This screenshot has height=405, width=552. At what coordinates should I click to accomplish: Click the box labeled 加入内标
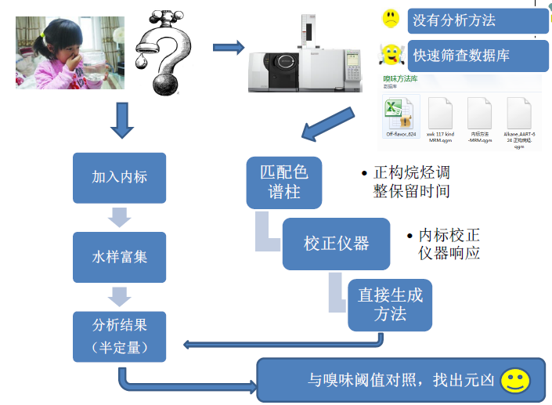point(119,176)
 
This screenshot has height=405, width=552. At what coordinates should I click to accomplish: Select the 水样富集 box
point(119,256)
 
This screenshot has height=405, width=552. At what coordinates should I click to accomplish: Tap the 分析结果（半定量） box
point(119,336)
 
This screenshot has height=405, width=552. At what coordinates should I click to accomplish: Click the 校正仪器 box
point(336,244)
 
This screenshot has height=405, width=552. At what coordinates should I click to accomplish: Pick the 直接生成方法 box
point(390,305)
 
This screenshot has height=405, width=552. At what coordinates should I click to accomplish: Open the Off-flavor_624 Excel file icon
point(401,118)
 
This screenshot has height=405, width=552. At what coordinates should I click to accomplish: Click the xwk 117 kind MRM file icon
point(441,118)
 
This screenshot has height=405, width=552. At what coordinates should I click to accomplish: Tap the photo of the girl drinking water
point(70,52)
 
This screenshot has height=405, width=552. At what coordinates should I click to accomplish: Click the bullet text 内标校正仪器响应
point(449,244)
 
